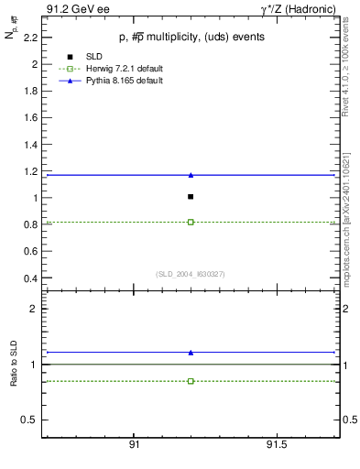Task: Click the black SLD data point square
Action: tap(191, 196)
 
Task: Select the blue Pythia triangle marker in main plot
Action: tap(191, 175)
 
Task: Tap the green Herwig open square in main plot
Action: tap(191, 222)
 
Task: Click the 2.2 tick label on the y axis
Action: tap(32, 38)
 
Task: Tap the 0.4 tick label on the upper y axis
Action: tap(32, 278)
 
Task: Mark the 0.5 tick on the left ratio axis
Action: tap(32, 420)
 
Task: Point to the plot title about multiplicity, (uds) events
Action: tap(190, 38)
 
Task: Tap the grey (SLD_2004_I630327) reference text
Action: tap(191, 273)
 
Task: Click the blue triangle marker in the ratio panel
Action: tap(191, 352)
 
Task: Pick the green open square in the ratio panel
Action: tap(191, 380)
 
